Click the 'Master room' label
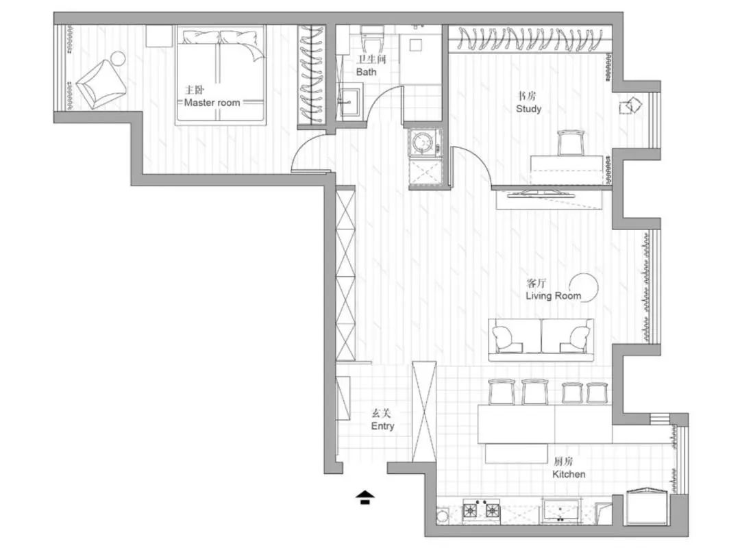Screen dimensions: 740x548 [x=212, y=103]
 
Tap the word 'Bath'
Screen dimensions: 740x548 [x=366, y=72]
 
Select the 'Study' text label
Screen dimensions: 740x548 [x=528, y=109]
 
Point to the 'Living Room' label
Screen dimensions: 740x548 [x=553, y=296]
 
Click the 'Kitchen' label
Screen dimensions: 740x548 [x=569, y=474]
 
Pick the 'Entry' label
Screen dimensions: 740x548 [x=382, y=426]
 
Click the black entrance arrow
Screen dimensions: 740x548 [x=365, y=497]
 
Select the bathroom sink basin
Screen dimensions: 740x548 [x=349, y=101]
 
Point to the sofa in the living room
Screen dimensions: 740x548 [x=541, y=339]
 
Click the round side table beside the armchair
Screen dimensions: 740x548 [x=118, y=58]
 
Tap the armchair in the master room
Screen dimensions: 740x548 [x=101, y=84]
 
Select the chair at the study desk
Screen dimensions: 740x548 [x=571, y=142]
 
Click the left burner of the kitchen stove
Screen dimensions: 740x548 [x=471, y=510]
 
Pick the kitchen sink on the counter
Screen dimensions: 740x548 [x=561, y=510]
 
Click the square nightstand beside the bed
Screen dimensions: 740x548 [x=159, y=36]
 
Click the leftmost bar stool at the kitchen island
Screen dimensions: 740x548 [x=501, y=391]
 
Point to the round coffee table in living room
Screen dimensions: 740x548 [x=583, y=287]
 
